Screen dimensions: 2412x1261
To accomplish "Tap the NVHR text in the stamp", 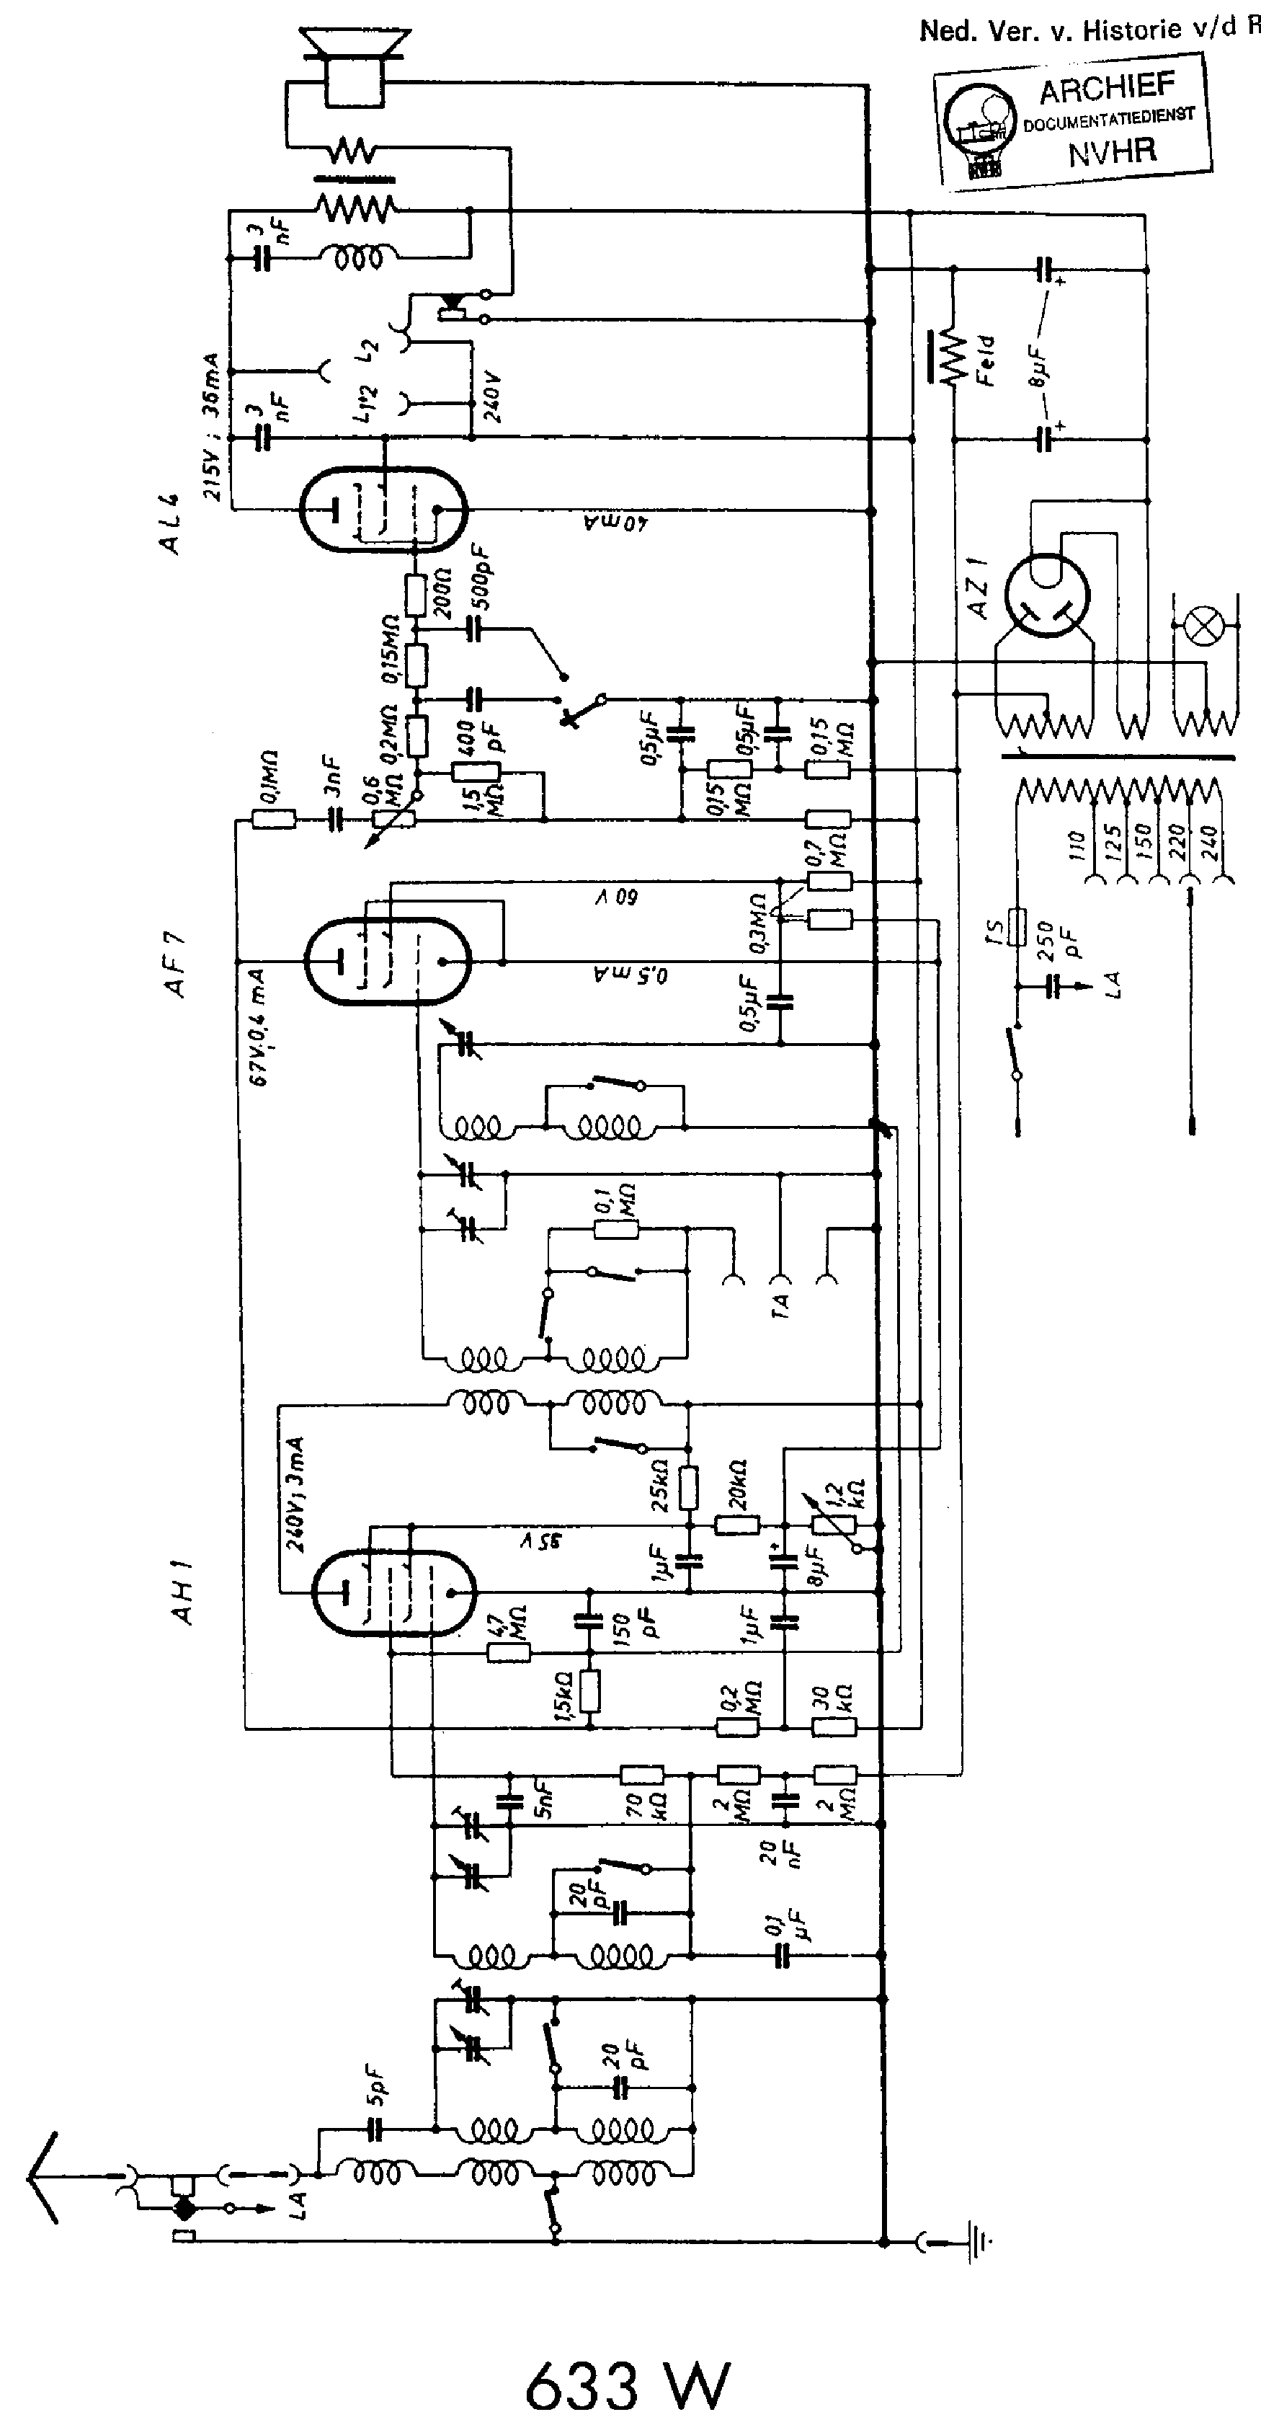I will click(1112, 150).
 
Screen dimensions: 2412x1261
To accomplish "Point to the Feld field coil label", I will click(986, 360).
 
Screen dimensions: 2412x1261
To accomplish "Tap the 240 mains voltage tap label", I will click(1207, 843).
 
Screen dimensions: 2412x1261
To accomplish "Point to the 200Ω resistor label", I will click(444, 592).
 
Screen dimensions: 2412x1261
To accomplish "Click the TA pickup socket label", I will click(782, 1303).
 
